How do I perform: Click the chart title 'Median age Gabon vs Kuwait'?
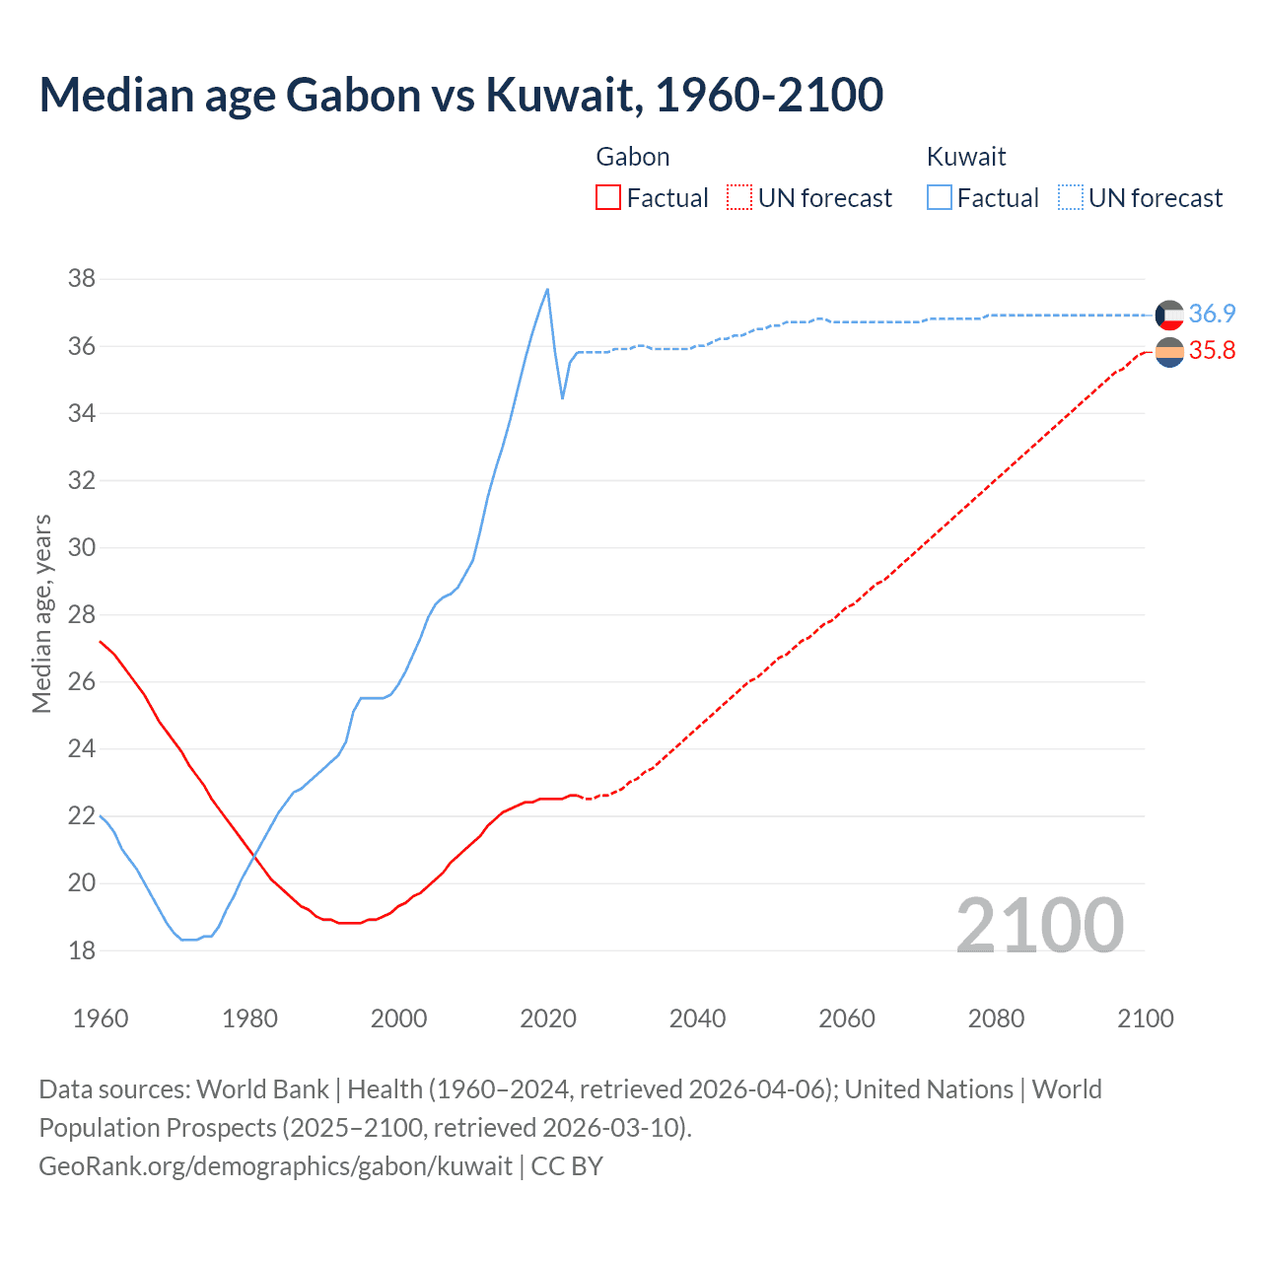tap(460, 95)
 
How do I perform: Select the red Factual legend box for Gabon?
tap(608, 198)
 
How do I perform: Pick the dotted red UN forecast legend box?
tap(739, 198)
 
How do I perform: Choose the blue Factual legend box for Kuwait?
tap(940, 198)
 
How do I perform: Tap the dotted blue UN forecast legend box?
tap(1070, 198)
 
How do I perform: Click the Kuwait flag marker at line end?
tap(1169, 315)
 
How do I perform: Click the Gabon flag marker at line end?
tap(1169, 352)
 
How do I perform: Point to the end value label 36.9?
tap(1212, 314)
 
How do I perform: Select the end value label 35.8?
tap(1212, 351)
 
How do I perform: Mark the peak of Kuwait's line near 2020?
tap(547, 289)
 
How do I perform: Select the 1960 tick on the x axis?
tap(101, 1018)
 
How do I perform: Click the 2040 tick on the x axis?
tap(697, 1018)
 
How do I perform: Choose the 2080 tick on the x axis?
tap(996, 1018)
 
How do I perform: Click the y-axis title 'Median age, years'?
tap(41, 613)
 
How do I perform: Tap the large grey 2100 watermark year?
tap(1039, 926)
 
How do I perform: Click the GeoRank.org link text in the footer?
tap(275, 1166)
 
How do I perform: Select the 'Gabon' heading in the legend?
tap(633, 157)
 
